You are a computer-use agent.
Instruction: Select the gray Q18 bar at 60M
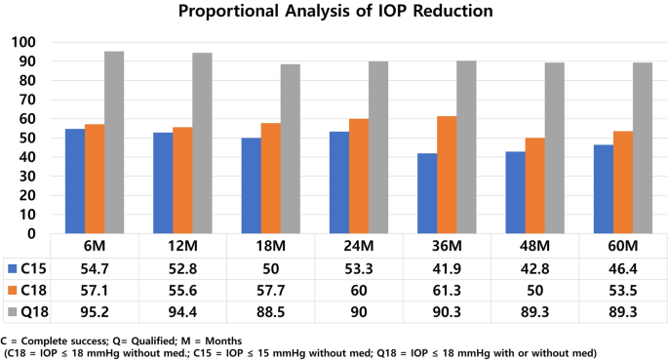pyautogui.click(x=644, y=148)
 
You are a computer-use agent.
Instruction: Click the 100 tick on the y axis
pyautogui.click(x=22, y=43)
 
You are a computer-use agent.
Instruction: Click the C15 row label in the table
pyautogui.click(x=36, y=267)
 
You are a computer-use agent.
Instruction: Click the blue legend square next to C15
pyautogui.click(x=13, y=267)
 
